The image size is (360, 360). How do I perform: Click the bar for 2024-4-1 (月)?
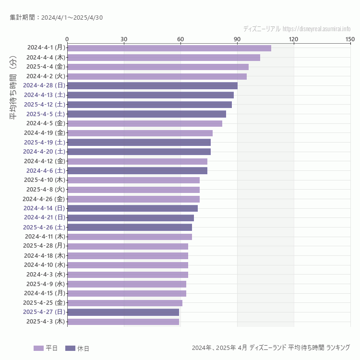click(169, 48)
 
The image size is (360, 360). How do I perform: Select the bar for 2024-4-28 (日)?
click(152, 85)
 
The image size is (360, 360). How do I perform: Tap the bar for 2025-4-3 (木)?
click(123, 322)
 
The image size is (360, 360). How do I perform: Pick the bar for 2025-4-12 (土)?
click(149, 105)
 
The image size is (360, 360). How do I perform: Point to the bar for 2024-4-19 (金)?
click(140, 133)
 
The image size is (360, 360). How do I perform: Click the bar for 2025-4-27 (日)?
click(123, 312)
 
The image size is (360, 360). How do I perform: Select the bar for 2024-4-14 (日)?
click(132, 208)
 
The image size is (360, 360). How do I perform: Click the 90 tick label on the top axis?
click(237, 39)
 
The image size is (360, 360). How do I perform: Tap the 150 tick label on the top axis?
click(350, 39)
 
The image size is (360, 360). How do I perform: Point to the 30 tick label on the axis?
click(124, 39)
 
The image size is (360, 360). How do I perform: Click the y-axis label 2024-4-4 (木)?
click(46, 57)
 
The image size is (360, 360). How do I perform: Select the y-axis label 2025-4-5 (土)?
click(46, 114)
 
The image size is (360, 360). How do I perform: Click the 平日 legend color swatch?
click(38, 348)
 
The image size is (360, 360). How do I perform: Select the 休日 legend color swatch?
click(70, 348)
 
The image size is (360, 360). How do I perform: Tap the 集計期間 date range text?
click(56, 18)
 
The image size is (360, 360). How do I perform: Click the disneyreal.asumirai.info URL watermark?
click(317, 29)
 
